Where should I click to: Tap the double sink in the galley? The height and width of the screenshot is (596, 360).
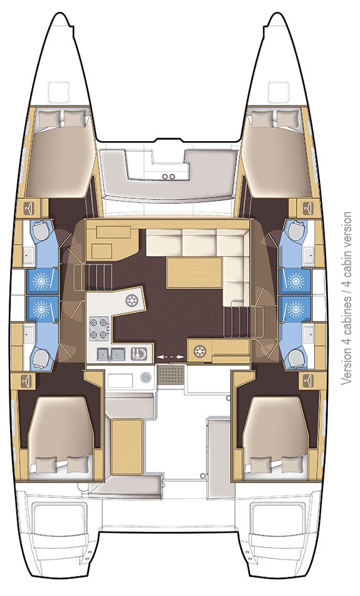coord(110,354)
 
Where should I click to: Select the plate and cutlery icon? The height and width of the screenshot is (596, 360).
coord(140,354)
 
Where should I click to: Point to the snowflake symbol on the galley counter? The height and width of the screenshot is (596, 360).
coord(132,301)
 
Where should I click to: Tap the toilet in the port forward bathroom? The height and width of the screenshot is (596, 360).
coord(40,232)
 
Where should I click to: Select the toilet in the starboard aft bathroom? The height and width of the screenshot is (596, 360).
coord(294,358)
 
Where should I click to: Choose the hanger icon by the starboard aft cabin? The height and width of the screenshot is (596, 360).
coord(308,380)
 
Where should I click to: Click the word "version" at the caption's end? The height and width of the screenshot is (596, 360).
coord(347,230)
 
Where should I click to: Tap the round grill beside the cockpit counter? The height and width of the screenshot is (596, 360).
coord(146,378)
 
